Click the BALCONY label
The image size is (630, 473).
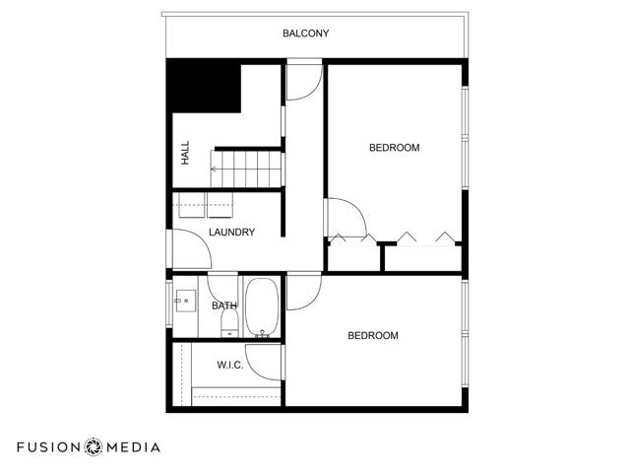[305, 34]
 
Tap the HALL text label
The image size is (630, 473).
[185, 152]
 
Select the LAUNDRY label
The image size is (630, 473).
[232, 233]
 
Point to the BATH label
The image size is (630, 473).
[224, 305]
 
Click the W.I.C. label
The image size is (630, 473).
[230, 366]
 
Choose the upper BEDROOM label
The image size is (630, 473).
[394, 148]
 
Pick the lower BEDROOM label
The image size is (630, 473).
[373, 336]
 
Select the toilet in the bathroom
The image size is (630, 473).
[228, 323]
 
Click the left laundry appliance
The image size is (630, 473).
[190, 206]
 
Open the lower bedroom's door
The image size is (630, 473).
[303, 292]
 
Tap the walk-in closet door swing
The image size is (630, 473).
[264, 360]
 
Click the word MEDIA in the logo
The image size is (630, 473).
[133, 446]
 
